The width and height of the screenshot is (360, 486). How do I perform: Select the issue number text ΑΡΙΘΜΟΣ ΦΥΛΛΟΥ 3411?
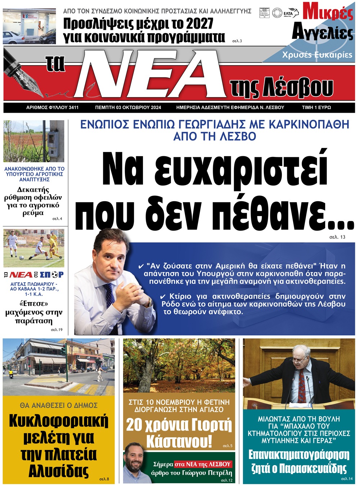tap(53, 107)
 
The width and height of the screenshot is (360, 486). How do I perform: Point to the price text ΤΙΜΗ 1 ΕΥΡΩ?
tap(316, 107)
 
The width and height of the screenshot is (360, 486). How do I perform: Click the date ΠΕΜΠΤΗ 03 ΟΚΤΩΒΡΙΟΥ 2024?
tap(128, 107)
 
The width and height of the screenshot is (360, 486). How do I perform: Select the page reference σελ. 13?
tap(337, 237)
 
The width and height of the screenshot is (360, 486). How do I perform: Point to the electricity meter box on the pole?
tap(53, 138)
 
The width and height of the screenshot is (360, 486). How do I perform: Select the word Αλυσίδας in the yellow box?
tap(59, 471)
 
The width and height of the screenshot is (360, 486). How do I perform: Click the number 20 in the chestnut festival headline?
tap(134, 425)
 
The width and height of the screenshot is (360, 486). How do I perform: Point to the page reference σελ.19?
tap(57, 329)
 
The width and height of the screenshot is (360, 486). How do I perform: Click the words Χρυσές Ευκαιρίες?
tap(317, 55)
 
